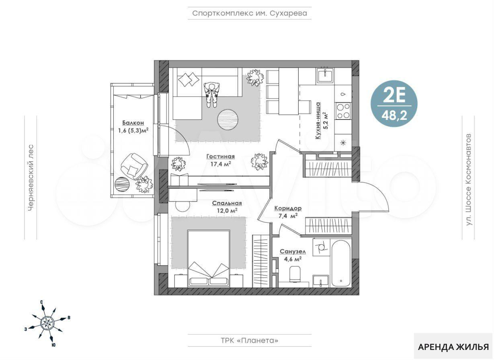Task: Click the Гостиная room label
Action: click(x=220, y=156)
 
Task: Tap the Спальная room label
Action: click(x=227, y=203)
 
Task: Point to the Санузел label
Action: click(x=293, y=252)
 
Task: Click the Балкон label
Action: click(x=133, y=123)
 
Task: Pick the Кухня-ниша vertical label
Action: click(x=318, y=121)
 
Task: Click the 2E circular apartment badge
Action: click(x=394, y=104)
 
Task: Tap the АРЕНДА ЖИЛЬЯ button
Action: click(x=453, y=347)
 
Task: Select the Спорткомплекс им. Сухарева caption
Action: click(x=250, y=13)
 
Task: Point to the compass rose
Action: click(x=47, y=323)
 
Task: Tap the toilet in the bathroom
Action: click(x=295, y=275)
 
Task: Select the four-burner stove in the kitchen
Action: click(x=343, y=111)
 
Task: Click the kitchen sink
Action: click(x=325, y=75)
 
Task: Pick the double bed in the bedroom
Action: click(x=209, y=259)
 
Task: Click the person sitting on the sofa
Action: click(x=211, y=95)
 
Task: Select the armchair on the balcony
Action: click(x=134, y=166)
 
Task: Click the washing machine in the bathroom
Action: click(x=321, y=247)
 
